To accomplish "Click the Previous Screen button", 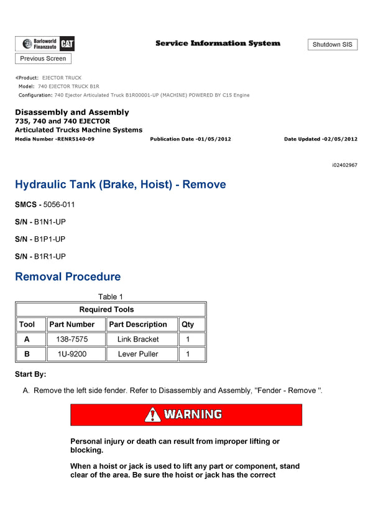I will tap(43, 58).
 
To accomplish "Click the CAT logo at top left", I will tap(68, 44).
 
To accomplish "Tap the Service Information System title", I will tap(218, 44).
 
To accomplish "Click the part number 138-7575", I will tap(71, 340).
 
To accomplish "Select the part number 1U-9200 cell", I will tap(71, 354).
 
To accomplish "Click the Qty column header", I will tap(187, 325).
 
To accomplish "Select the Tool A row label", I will tap(27, 340).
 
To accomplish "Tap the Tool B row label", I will tap(27, 354).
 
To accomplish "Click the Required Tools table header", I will tap(106, 310).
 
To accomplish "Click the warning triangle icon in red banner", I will tap(153, 415).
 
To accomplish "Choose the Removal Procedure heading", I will tap(68, 277).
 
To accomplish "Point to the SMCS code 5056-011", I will tap(59, 204).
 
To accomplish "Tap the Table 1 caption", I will tap(111, 297).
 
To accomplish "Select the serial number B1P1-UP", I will tap(50, 239).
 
